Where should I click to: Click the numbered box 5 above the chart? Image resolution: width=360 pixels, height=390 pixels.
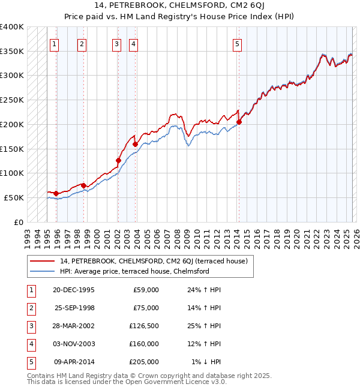(x=238, y=43)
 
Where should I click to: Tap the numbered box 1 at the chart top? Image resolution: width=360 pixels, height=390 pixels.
(x=55, y=43)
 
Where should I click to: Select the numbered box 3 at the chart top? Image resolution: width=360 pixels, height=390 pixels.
(x=116, y=43)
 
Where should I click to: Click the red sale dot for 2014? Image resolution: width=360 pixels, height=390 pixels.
(x=239, y=122)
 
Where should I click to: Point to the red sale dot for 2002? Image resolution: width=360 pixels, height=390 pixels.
(x=118, y=160)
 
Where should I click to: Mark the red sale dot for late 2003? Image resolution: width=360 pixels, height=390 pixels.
(x=135, y=144)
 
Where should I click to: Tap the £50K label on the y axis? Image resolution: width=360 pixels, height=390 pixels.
(x=14, y=197)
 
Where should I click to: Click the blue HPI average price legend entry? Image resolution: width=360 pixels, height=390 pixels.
(x=134, y=271)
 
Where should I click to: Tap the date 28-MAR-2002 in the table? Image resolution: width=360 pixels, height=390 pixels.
(x=73, y=326)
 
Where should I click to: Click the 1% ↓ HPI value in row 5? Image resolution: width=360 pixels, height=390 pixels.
(x=206, y=362)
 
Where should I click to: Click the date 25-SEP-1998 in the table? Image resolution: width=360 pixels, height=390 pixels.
(x=74, y=308)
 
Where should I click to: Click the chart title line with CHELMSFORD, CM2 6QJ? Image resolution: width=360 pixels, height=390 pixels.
(x=179, y=6)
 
